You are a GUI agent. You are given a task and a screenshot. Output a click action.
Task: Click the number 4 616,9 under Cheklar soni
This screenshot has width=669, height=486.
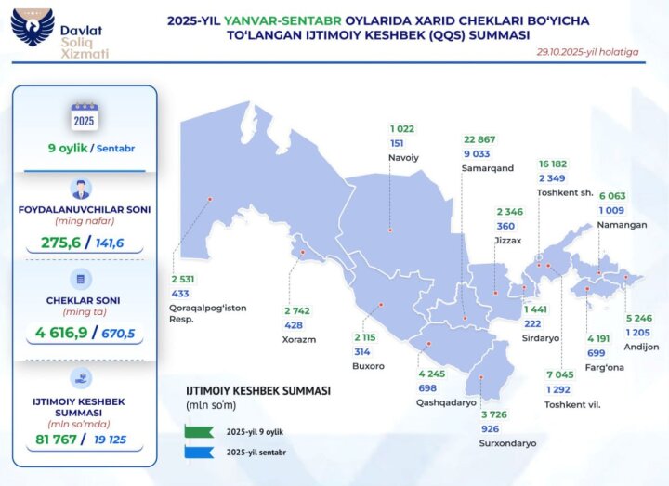point(59,333)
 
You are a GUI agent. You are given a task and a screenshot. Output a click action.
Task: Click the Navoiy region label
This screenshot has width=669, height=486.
point(403,157)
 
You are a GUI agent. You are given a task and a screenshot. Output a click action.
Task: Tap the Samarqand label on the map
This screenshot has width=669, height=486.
point(487,168)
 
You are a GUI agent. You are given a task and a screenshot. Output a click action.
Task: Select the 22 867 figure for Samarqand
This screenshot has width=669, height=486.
point(481,140)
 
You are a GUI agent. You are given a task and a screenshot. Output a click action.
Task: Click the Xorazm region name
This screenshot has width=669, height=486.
point(299,339)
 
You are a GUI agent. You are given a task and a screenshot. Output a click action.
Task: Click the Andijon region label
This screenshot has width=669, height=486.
point(641,347)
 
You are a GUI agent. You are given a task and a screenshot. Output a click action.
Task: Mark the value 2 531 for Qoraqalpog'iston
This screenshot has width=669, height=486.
point(182,279)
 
